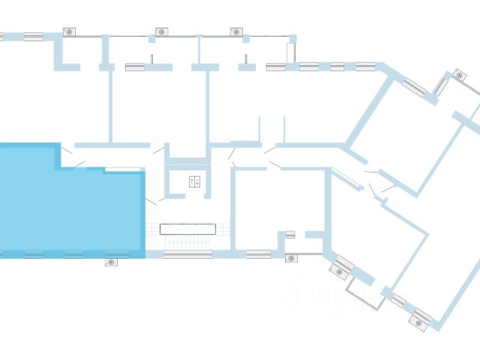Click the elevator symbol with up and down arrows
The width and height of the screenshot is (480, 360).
coord(194,181)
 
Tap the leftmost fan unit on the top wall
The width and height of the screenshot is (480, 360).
coord(69,31)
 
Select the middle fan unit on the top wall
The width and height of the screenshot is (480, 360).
coord(160,31)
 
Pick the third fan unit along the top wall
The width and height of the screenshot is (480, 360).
coord(236,31)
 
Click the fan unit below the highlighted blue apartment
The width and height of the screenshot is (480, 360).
coord(111,262)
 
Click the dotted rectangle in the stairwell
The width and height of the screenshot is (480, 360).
coord(188,228)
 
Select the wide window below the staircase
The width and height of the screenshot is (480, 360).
coord(188,254)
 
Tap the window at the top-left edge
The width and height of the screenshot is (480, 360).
coord(33,35)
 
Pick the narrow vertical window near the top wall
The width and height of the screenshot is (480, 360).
coord(289,52)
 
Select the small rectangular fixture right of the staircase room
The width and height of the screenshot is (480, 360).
coord(290,234)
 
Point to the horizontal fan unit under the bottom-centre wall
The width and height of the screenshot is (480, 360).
coord(291,259)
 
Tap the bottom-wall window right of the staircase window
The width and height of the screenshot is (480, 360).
coord(258,253)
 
